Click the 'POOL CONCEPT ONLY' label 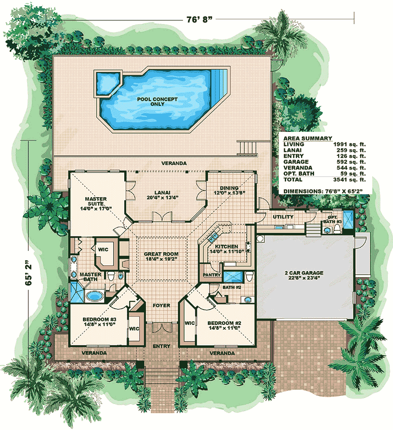coord(157,102)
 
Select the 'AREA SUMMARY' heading coord(308,138)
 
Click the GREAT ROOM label coord(161,254)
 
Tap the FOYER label coord(162,305)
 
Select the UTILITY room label coord(283,217)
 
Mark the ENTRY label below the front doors coord(162,346)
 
